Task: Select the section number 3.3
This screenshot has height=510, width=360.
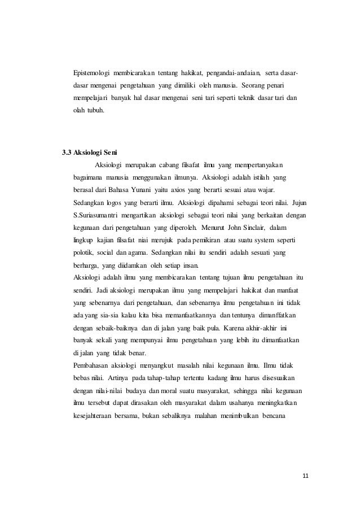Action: coord(67,151)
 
